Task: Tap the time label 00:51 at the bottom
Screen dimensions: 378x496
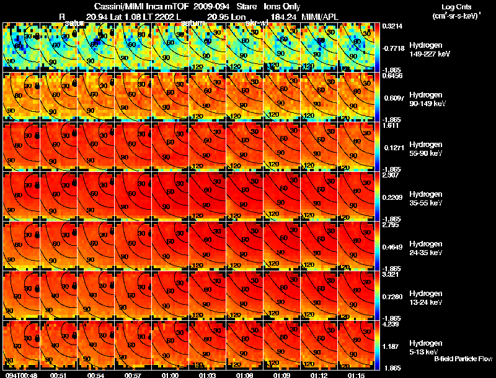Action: click(58, 375)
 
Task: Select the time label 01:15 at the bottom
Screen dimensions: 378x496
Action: click(356, 375)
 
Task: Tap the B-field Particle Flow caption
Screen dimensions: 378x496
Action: click(463, 359)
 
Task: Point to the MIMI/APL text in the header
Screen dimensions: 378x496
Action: click(322, 16)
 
